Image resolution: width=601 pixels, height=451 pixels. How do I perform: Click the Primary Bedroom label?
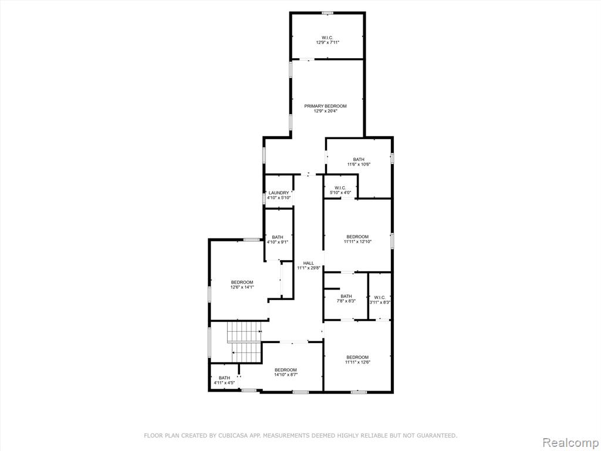click(325, 106)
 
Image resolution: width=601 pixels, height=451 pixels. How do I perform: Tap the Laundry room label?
click(279, 193)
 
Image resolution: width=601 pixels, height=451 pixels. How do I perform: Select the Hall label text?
click(309, 263)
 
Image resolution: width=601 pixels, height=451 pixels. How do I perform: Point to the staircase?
click(244, 342)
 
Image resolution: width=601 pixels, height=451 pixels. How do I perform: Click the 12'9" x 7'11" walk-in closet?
click(327, 36)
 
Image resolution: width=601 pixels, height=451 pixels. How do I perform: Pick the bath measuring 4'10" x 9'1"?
click(279, 235)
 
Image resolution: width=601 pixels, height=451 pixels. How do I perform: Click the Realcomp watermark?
click(570, 443)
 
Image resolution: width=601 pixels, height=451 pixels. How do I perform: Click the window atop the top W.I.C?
click(327, 13)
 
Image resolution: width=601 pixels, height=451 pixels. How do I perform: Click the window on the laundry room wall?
click(264, 198)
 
